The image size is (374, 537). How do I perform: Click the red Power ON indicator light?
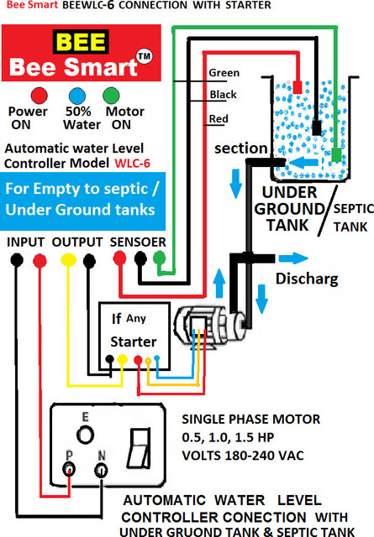(x=40, y=96)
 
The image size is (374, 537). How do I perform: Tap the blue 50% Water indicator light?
(x=76, y=96)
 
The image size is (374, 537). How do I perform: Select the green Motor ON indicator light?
(x=111, y=96)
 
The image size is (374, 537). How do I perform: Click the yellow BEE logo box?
(x=81, y=42)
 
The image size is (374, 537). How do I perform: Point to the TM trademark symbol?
(x=145, y=56)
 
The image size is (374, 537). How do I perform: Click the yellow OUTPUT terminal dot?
(x=68, y=260)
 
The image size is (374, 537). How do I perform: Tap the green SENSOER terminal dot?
(x=159, y=258)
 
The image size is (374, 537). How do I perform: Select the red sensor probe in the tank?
(x=298, y=87)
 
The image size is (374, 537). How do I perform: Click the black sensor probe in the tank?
(x=317, y=128)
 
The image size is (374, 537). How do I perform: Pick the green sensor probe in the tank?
(x=336, y=155)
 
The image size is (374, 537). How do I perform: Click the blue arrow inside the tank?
(x=303, y=162)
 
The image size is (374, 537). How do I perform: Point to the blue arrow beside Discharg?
(x=293, y=258)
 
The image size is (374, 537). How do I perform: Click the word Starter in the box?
(x=133, y=341)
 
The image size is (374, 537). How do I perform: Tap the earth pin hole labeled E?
(x=85, y=435)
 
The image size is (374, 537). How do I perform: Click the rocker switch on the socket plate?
(x=139, y=447)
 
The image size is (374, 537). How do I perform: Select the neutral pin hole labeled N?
(x=101, y=470)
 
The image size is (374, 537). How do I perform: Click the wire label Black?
(x=223, y=95)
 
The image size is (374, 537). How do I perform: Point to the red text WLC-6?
(x=133, y=164)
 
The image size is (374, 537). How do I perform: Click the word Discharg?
(x=307, y=279)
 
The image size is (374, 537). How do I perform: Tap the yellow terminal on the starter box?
(x=122, y=359)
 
